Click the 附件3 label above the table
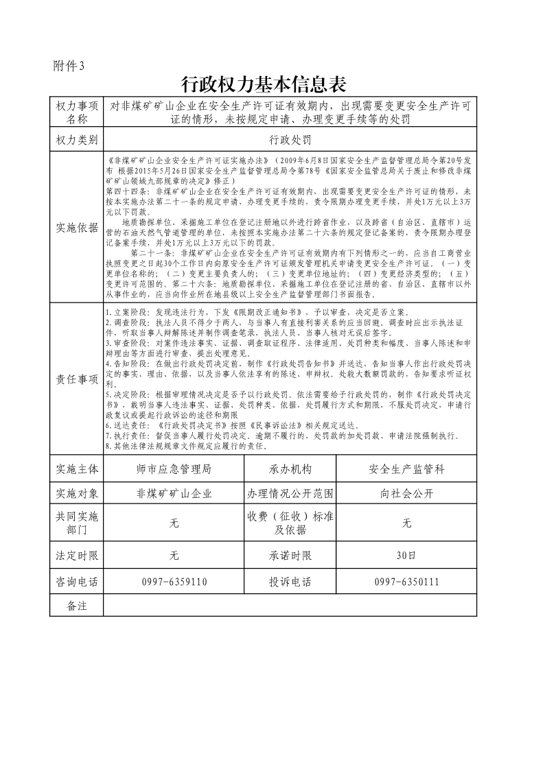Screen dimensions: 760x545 click(x=69, y=66)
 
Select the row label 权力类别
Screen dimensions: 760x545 click(x=76, y=140)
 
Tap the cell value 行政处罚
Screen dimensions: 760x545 click(x=290, y=140)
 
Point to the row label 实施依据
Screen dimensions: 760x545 click(x=76, y=228)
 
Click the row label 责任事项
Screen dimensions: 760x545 click(x=76, y=379)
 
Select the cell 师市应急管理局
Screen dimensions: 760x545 click(x=174, y=469)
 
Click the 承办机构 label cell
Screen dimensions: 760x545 click(x=290, y=469)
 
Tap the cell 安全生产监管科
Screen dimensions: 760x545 click(x=406, y=469)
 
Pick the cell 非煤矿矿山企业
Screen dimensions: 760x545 click(x=174, y=493)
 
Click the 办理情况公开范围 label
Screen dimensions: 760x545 click(x=290, y=493)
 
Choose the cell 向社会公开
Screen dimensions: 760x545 click(x=406, y=493)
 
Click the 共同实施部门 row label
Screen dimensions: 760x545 click(x=76, y=523)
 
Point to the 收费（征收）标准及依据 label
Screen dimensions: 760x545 click(x=290, y=523)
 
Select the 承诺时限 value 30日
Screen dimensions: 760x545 click(x=406, y=555)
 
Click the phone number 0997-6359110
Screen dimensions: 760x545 click(x=174, y=582)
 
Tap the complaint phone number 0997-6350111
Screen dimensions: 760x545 click(x=406, y=582)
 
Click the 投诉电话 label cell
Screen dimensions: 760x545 click(x=290, y=582)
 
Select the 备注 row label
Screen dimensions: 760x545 click(x=76, y=606)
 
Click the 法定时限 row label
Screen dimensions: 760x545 click(x=76, y=555)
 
